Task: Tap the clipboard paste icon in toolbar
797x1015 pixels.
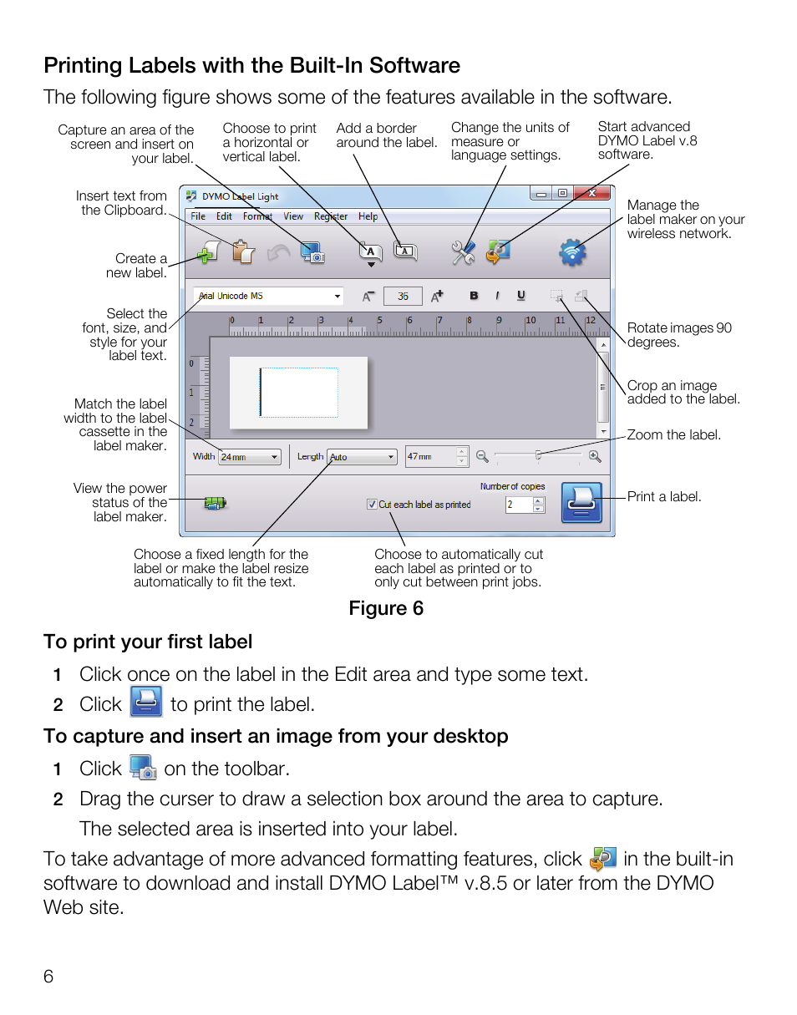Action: (x=242, y=251)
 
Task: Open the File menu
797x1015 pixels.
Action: (x=198, y=216)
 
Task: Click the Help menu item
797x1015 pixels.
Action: (x=368, y=216)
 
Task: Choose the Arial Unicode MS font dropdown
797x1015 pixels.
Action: (x=268, y=296)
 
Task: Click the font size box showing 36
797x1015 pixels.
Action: (x=403, y=296)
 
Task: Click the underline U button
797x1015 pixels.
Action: (x=521, y=296)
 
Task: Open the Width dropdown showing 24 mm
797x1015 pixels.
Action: (x=249, y=457)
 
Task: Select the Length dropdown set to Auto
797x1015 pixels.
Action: (x=362, y=457)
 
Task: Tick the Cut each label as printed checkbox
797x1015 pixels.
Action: (x=372, y=505)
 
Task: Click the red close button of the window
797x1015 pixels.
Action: (x=592, y=194)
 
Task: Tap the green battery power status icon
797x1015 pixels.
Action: (x=215, y=503)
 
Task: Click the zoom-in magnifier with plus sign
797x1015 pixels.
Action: (x=595, y=456)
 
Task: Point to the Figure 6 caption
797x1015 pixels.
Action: (x=386, y=608)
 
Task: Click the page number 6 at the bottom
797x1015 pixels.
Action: (x=48, y=977)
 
